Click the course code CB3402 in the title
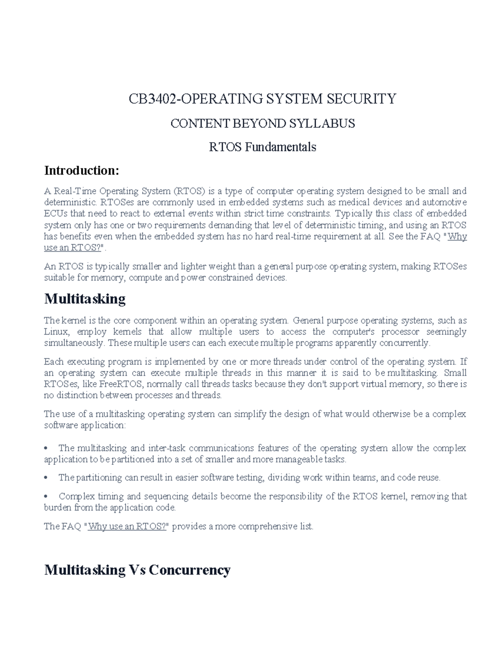[x=153, y=99]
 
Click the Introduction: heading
[x=82, y=170]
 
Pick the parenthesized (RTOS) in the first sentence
[x=190, y=191]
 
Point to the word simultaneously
[x=74, y=343]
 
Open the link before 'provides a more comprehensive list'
[x=127, y=527]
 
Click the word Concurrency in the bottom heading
[x=190, y=570]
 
